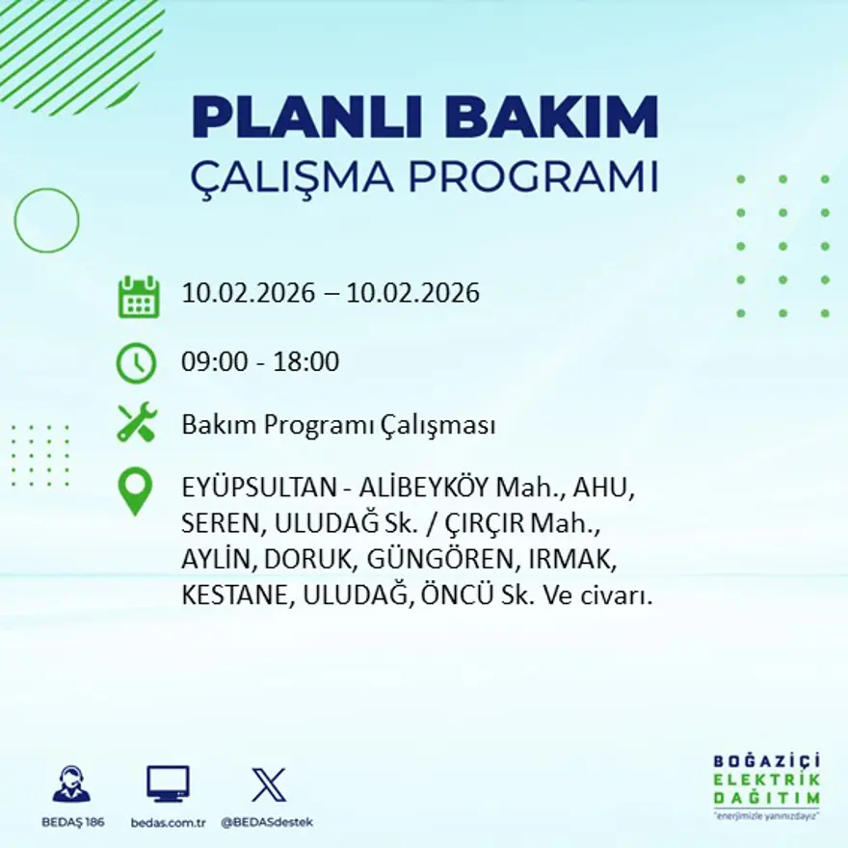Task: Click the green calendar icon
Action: tap(138, 297)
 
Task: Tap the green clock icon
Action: tap(136, 362)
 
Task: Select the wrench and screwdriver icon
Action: tap(136, 424)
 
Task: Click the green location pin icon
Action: tap(135, 490)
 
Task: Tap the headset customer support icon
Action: tap(71, 784)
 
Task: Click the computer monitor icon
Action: tap(168, 783)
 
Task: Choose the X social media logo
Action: tap(268, 784)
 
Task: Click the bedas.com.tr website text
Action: tap(169, 822)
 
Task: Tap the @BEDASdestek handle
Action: tap(267, 822)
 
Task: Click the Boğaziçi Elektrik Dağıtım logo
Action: tap(766, 785)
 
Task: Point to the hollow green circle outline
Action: tap(46, 221)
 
